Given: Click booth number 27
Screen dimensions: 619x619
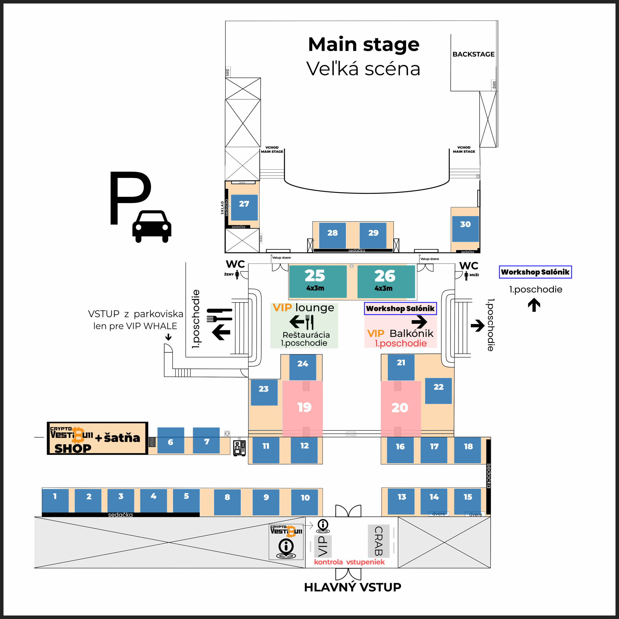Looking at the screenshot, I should coord(244,207).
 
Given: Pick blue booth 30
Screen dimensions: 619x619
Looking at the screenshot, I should coord(465,228).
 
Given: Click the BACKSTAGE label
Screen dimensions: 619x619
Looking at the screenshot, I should coord(473,54).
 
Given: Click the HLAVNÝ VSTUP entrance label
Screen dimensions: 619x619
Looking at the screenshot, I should coord(353,587).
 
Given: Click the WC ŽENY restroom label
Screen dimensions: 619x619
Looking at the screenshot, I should coord(236,268).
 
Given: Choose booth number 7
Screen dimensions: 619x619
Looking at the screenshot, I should coord(206,441).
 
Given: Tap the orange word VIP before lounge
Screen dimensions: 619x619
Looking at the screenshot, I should coord(282,308).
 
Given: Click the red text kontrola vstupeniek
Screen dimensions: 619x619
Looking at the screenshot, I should coord(349,562).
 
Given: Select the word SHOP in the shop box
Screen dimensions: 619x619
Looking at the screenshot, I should coord(73,449).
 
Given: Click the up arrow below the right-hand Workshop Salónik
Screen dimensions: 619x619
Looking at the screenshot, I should coord(534,305).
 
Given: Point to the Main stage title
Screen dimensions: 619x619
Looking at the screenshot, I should coord(364,44).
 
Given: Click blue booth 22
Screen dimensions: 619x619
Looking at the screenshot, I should coord(438,391).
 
